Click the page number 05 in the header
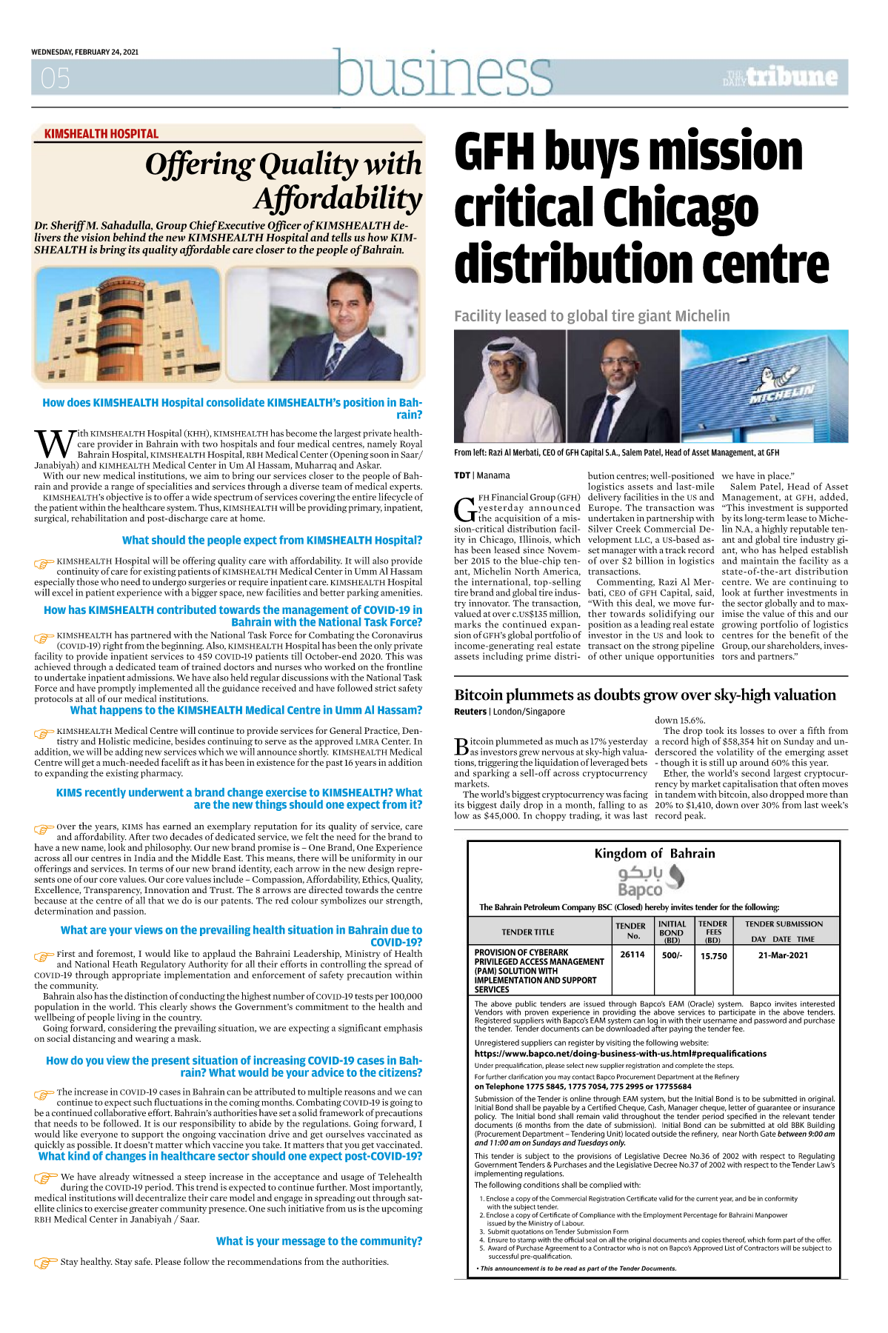point(56,78)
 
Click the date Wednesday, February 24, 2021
point(84,52)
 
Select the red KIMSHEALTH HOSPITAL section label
point(101,134)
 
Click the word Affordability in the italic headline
point(338,199)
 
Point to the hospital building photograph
point(127,324)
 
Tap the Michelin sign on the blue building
point(783,392)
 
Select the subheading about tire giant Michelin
point(592,316)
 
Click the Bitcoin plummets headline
point(644,695)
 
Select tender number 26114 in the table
point(632,955)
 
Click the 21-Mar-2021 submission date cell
point(783,955)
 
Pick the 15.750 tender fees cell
point(713,956)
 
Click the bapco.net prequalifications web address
point(620,1053)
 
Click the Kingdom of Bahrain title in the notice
point(654,853)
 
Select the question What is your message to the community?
point(319,1241)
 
